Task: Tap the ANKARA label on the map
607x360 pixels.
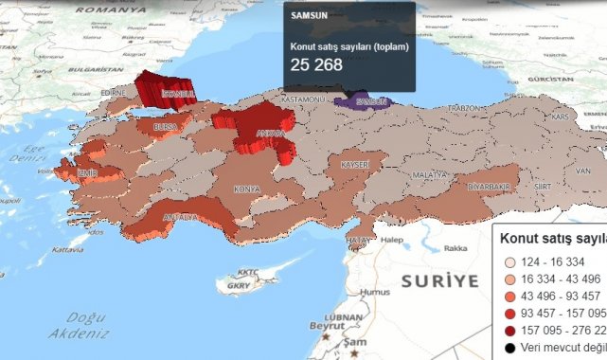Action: [271, 135]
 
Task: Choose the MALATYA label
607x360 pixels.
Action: [429, 175]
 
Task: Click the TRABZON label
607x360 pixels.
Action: [465, 109]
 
